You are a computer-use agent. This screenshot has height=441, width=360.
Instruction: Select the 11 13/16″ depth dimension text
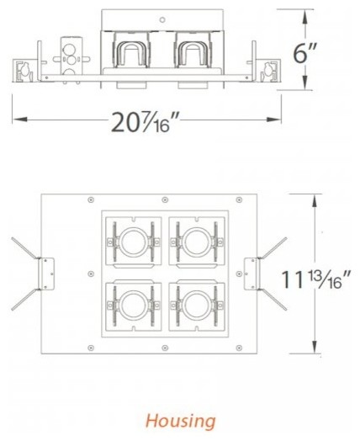point(316,275)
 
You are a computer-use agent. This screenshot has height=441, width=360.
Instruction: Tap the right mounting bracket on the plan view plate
point(251,269)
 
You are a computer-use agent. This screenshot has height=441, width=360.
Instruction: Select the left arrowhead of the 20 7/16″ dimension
point(15,119)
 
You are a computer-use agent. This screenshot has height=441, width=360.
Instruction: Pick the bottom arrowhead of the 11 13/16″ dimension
point(315,350)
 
